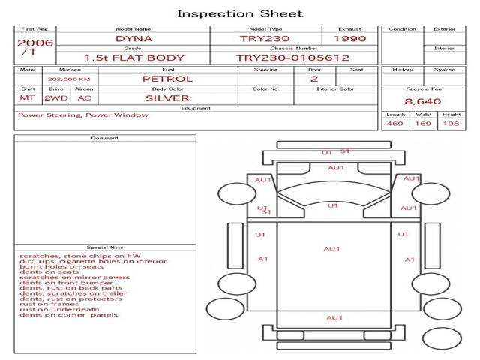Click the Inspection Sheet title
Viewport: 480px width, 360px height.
coord(240,13)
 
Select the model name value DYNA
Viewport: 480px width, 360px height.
coord(133,39)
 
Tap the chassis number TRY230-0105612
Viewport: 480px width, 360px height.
coord(292,58)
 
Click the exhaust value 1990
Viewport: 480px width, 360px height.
coord(350,39)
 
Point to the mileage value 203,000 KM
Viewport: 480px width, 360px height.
coord(69,79)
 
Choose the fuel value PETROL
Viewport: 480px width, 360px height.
coord(168,79)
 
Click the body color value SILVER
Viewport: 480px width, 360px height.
coord(167,98)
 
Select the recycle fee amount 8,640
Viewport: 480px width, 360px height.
coord(423,101)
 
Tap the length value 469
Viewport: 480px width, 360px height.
coord(395,124)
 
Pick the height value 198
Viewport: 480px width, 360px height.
coord(451,124)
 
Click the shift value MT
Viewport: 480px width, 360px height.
coord(27,98)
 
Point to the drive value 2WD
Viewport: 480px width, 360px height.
coord(56,98)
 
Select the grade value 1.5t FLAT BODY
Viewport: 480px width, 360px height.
coord(134,58)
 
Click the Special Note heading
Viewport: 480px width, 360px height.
coord(105,247)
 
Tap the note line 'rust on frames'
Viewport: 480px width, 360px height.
coord(49,304)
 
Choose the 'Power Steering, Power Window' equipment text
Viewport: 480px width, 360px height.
coord(83,115)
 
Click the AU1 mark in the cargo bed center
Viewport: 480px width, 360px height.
coord(331,248)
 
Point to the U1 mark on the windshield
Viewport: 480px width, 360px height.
coord(333,205)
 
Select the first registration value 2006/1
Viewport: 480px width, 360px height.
coord(35,47)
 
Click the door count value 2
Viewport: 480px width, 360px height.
coord(314,79)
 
